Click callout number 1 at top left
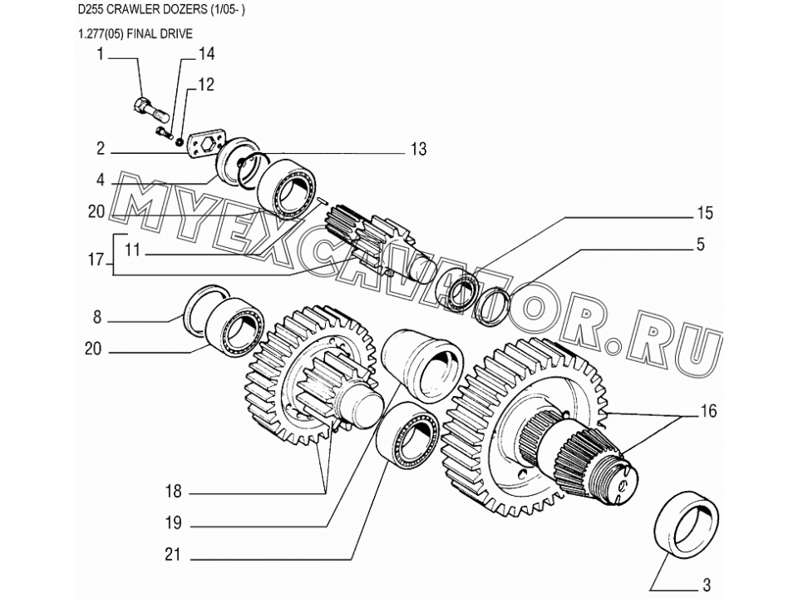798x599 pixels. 101,53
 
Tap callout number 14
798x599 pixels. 205,53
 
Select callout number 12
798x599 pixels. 205,85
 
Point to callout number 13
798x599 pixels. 418,149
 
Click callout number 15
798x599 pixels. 705,212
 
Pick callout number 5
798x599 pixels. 701,245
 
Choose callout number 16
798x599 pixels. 708,410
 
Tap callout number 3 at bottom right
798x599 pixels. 707,585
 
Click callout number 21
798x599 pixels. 173,554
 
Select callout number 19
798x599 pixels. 173,522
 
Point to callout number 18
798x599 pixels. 173,491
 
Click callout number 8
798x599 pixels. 97,317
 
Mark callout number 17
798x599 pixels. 96,260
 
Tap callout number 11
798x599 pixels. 132,250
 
